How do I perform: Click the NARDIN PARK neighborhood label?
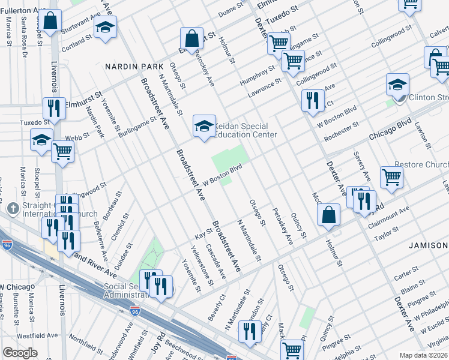[128, 65]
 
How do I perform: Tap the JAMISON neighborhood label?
[429, 245]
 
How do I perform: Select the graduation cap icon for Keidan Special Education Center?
[204, 127]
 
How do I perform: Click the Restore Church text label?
[422, 165]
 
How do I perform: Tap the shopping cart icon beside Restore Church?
[391, 178]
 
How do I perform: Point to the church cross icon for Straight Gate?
[13, 208]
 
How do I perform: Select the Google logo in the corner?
[20, 353]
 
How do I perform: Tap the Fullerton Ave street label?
[24, 11]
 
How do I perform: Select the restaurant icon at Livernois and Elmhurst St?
[54, 109]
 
